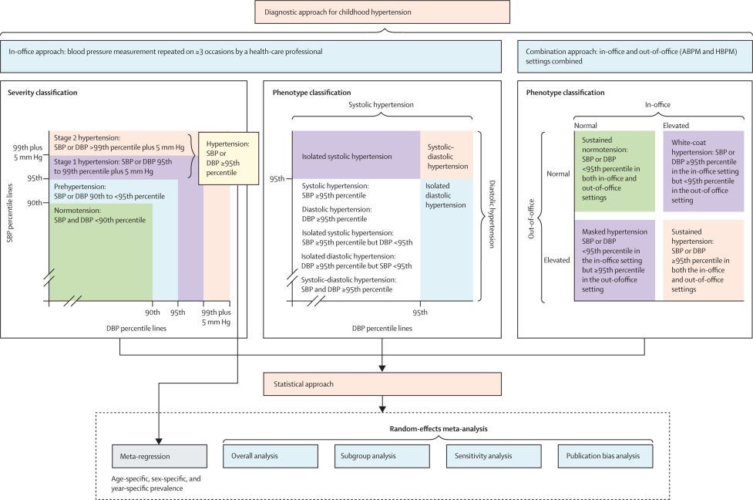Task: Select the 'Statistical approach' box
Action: tap(382, 383)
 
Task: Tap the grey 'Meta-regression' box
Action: tap(159, 456)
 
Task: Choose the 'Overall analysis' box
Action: tap(270, 456)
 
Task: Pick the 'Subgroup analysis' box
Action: tap(381, 456)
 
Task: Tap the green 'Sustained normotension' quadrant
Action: tap(614, 171)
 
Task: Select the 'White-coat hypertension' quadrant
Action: tap(703, 171)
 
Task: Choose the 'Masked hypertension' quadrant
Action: tap(614, 259)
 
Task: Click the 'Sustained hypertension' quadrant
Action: tap(703, 259)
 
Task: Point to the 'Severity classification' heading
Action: tap(43, 93)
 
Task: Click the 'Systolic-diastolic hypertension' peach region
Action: tap(445, 155)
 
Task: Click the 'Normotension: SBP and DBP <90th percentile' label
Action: tap(99, 215)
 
